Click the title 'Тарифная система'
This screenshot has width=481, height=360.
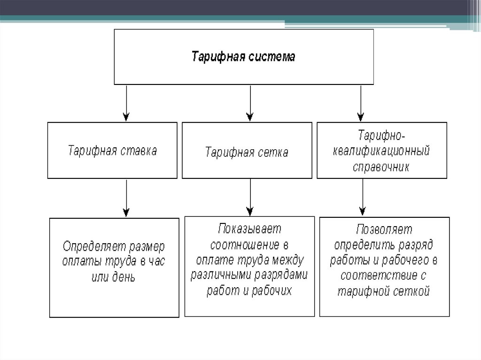pyautogui.click(x=244, y=57)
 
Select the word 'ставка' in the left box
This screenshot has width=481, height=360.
pyautogui.click(x=139, y=151)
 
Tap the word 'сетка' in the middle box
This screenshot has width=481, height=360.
pyautogui.click(x=273, y=153)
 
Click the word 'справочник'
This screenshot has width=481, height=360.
pyautogui.click(x=381, y=167)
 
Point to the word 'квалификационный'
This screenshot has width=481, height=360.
pyautogui.click(x=381, y=152)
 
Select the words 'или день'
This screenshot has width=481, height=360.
pyautogui.click(x=114, y=277)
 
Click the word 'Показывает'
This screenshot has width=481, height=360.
pyautogui.click(x=249, y=229)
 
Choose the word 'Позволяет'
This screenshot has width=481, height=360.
pyautogui.click(x=384, y=230)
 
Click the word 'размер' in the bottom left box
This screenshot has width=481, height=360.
pyautogui.click(x=147, y=246)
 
